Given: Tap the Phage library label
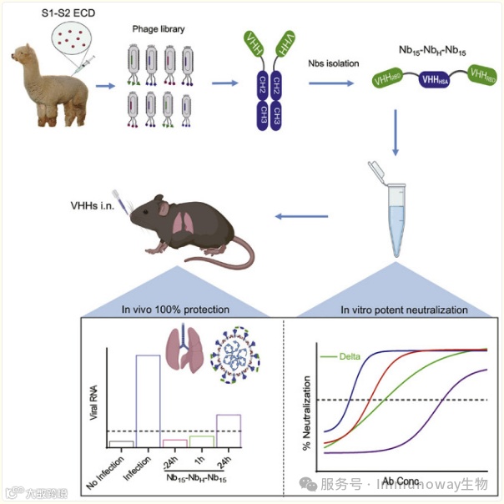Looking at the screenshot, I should point(159,29).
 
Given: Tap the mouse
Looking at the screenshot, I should point(189,225).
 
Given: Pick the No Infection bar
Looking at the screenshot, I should point(121,444).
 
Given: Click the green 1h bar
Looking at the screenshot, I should point(201,441).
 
